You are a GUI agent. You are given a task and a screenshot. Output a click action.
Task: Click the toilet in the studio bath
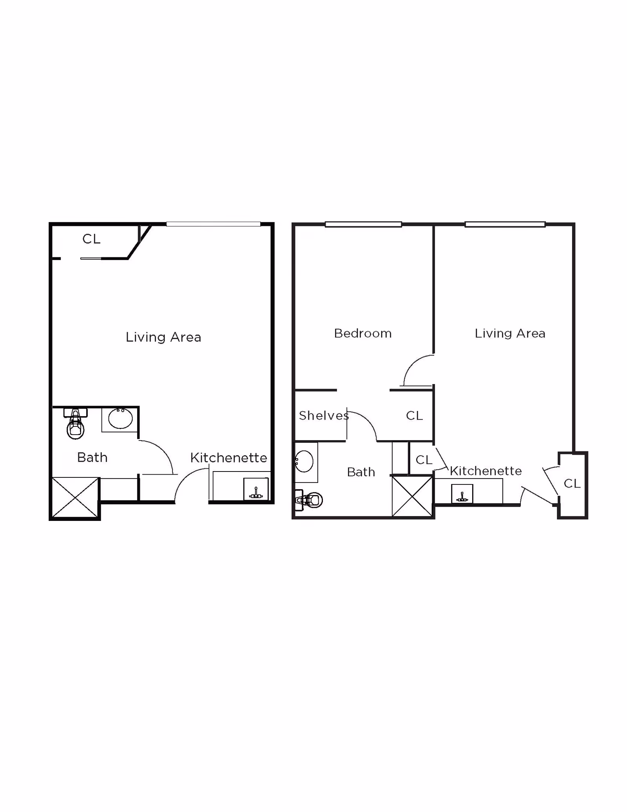(x=76, y=423)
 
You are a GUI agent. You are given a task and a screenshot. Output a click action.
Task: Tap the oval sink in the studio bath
(x=120, y=418)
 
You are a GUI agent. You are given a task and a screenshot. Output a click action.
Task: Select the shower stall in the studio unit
(x=75, y=497)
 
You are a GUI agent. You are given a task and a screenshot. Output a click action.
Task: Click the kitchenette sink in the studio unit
(x=256, y=489)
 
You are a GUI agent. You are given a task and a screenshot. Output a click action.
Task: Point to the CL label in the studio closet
(x=92, y=239)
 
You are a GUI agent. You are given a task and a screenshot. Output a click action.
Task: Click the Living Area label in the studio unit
(x=163, y=337)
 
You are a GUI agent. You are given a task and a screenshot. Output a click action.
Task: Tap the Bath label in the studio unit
(x=92, y=457)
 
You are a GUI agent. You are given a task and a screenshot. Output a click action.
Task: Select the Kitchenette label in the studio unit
(x=229, y=458)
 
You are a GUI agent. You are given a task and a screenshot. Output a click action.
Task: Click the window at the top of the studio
(x=213, y=224)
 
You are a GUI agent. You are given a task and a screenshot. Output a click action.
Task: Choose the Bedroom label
(x=363, y=333)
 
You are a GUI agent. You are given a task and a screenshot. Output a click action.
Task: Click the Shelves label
(x=324, y=416)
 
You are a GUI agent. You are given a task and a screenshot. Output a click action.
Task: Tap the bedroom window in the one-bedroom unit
(x=363, y=224)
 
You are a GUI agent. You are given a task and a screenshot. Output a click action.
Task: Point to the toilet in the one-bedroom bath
(x=308, y=500)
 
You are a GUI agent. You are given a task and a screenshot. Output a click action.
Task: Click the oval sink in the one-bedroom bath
(x=304, y=461)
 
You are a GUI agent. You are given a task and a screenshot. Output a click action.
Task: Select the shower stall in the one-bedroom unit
(x=412, y=496)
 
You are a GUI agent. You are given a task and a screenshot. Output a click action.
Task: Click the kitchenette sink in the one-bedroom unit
(x=462, y=494)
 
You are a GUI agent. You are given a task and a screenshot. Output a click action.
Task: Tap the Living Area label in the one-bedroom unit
(x=510, y=333)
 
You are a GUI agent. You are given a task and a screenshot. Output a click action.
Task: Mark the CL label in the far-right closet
(x=572, y=484)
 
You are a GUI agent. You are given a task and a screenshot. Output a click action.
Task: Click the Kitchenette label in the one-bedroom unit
(x=486, y=471)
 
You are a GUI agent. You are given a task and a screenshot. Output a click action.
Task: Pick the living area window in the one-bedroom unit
(x=505, y=224)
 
